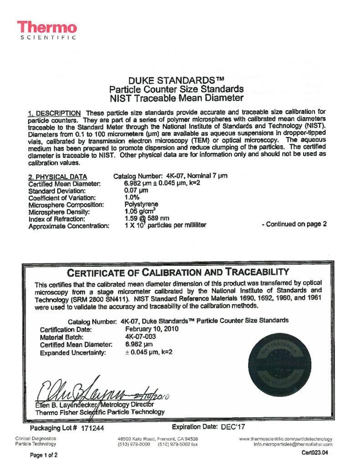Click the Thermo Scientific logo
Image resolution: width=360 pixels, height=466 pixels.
[x=47, y=30]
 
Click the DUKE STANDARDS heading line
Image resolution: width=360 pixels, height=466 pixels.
[x=176, y=81]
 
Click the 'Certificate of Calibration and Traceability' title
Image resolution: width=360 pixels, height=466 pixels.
[x=178, y=273]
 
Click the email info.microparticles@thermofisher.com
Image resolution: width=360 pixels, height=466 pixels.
[x=293, y=444]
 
